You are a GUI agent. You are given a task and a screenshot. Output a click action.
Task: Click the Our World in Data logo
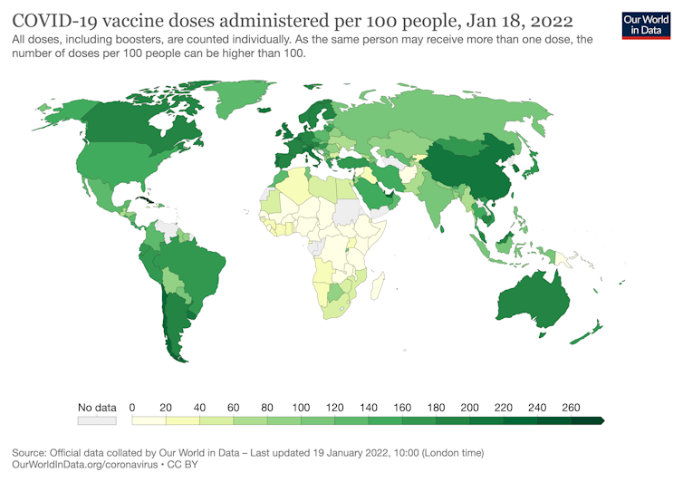tap(647, 24)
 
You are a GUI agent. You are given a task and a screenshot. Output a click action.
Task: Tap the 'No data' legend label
tap(97, 408)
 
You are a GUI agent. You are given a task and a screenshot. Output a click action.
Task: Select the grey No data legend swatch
tap(97, 420)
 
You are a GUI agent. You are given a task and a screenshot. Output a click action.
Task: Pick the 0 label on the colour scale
tap(132, 408)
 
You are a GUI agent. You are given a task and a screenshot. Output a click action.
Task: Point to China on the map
tap(471, 163)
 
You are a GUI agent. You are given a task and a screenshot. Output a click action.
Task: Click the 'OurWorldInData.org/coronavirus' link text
tap(89, 464)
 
